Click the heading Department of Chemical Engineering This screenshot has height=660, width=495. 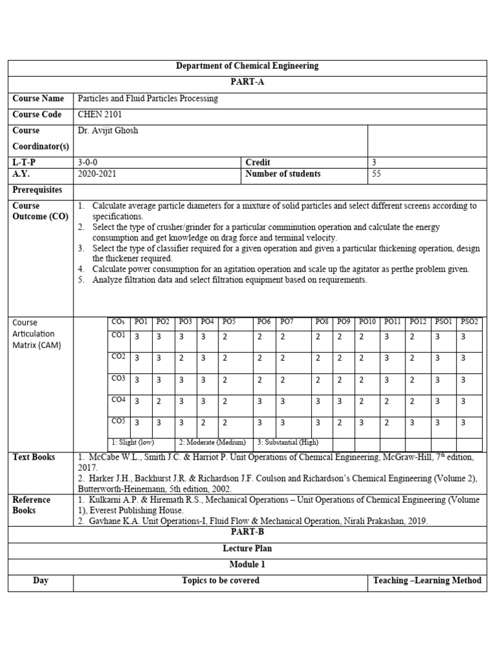pos(247,66)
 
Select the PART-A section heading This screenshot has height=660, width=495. pos(247,82)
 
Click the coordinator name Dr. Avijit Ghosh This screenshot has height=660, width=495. pos(108,131)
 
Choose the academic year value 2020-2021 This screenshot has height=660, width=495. pos(97,174)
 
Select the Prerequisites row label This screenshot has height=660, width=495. pos(37,190)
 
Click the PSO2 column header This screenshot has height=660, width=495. pos(469,321)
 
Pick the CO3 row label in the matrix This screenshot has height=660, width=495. pos(118,379)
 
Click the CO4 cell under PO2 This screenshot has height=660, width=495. pos(159,402)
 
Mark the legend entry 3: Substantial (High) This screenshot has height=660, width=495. pos(287,443)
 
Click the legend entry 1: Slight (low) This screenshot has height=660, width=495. pos(132,443)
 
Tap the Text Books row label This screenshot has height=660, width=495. pos(34,458)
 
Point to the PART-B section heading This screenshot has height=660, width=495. pos(247,532)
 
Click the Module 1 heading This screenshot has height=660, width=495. pos(247,565)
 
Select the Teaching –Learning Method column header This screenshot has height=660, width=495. pos(427,581)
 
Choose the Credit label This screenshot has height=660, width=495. pos(258,162)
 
